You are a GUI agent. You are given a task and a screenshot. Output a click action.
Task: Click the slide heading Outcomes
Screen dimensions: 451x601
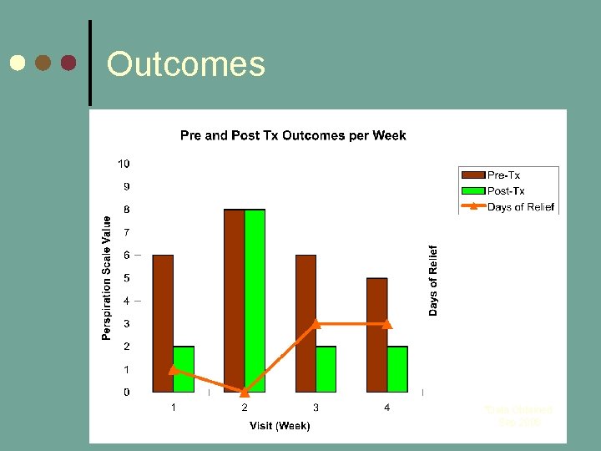click(x=185, y=64)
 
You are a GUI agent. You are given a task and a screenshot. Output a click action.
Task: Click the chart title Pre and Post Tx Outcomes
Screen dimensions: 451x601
click(x=293, y=135)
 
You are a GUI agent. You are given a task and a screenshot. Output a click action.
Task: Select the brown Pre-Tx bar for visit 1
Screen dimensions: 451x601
click(x=163, y=323)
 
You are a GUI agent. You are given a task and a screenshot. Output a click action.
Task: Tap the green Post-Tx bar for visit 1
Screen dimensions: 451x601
click(x=184, y=369)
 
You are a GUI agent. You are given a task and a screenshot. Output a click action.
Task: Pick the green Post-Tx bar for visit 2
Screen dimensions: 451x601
click(x=255, y=301)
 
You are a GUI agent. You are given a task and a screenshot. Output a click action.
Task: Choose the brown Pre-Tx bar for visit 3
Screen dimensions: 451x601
click(x=306, y=323)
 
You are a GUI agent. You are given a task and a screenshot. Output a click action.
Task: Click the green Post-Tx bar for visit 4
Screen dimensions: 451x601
click(x=397, y=369)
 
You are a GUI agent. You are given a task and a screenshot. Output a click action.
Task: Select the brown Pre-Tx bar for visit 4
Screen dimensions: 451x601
click(x=376, y=334)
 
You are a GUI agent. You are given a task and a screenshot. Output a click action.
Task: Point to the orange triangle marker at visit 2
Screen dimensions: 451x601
click(x=245, y=391)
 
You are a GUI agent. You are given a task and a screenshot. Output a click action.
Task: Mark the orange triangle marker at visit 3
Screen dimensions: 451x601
click(x=316, y=323)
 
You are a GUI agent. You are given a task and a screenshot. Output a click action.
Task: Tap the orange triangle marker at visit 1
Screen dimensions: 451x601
click(x=173, y=368)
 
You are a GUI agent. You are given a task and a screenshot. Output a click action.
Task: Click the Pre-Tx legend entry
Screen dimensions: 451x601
click(x=503, y=175)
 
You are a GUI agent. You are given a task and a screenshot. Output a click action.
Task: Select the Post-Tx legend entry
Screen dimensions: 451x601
click(x=506, y=191)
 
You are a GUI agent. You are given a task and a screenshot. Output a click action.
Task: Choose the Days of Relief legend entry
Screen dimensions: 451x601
click(x=520, y=207)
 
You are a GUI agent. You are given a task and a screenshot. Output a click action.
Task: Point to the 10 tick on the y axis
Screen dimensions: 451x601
click(x=124, y=164)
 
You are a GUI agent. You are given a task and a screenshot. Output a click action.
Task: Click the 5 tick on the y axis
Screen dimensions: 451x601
click(x=126, y=278)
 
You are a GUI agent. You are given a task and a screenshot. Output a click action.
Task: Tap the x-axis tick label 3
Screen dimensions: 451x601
click(x=316, y=408)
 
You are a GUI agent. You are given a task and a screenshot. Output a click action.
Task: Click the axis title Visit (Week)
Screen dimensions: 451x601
click(x=280, y=426)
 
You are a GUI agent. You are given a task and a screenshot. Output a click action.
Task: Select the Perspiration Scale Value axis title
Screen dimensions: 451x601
click(x=107, y=278)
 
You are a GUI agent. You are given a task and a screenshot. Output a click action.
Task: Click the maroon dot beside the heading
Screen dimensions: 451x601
click(x=68, y=63)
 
